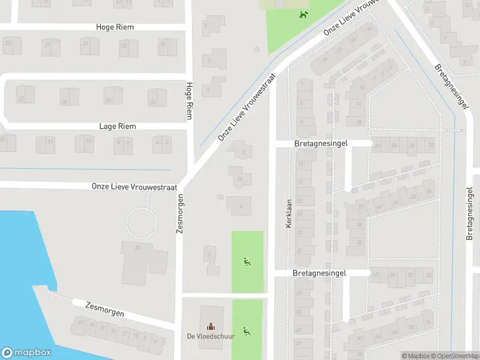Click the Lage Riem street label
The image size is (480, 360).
tap(118, 127)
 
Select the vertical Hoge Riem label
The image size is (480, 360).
tap(190, 101)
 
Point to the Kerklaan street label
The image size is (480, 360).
tap(288, 213)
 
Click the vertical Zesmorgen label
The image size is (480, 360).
tap(178, 214)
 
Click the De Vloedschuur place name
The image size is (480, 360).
tap(211, 336)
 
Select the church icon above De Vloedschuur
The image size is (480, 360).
tap(211, 326)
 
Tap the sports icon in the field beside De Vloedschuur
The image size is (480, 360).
tap(246, 330)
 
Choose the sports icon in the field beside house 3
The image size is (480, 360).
tap(246, 261)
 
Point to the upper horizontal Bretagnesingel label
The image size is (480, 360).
tap(322, 145)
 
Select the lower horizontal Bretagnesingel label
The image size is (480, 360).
tap(320, 273)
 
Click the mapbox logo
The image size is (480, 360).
tap(26, 353)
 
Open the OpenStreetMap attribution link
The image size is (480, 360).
tap(454, 356)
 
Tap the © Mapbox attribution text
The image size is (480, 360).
tap(415, 356)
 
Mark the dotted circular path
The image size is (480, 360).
tap(142, 223)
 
